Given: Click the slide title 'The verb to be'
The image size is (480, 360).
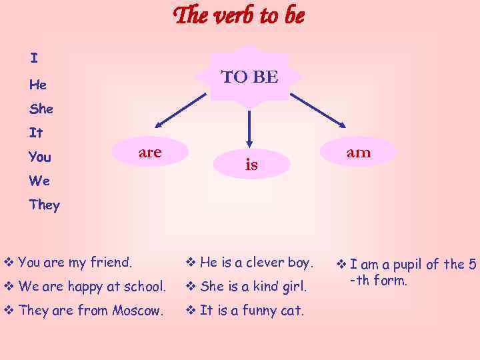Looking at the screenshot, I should pos(239,16).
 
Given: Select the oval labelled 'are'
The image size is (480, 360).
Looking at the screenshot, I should pos(150,153).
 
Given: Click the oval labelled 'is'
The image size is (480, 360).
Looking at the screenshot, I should pos(251,165).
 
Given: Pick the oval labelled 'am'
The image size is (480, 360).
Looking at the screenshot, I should pos(358,153).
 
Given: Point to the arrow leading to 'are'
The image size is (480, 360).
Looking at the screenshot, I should pos(181,109).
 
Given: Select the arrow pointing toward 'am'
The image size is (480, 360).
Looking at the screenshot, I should pos(319,109).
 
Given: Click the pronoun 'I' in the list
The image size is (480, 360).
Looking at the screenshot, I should pos(33,59).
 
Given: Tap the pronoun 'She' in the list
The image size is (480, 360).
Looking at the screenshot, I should pos(41,108).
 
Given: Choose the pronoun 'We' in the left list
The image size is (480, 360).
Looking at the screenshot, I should pos(39,181).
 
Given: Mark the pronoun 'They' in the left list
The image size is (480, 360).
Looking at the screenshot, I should pos(44,205).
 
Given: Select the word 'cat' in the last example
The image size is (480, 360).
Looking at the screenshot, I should pos(293,310).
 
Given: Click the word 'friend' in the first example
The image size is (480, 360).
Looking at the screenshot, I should pos(111,263).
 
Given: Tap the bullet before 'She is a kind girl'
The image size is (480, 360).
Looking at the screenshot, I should pos(189,287).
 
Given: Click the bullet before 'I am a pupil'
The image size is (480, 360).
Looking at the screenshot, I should pos(340,265).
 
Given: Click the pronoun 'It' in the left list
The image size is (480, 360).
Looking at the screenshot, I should pos(35,133).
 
